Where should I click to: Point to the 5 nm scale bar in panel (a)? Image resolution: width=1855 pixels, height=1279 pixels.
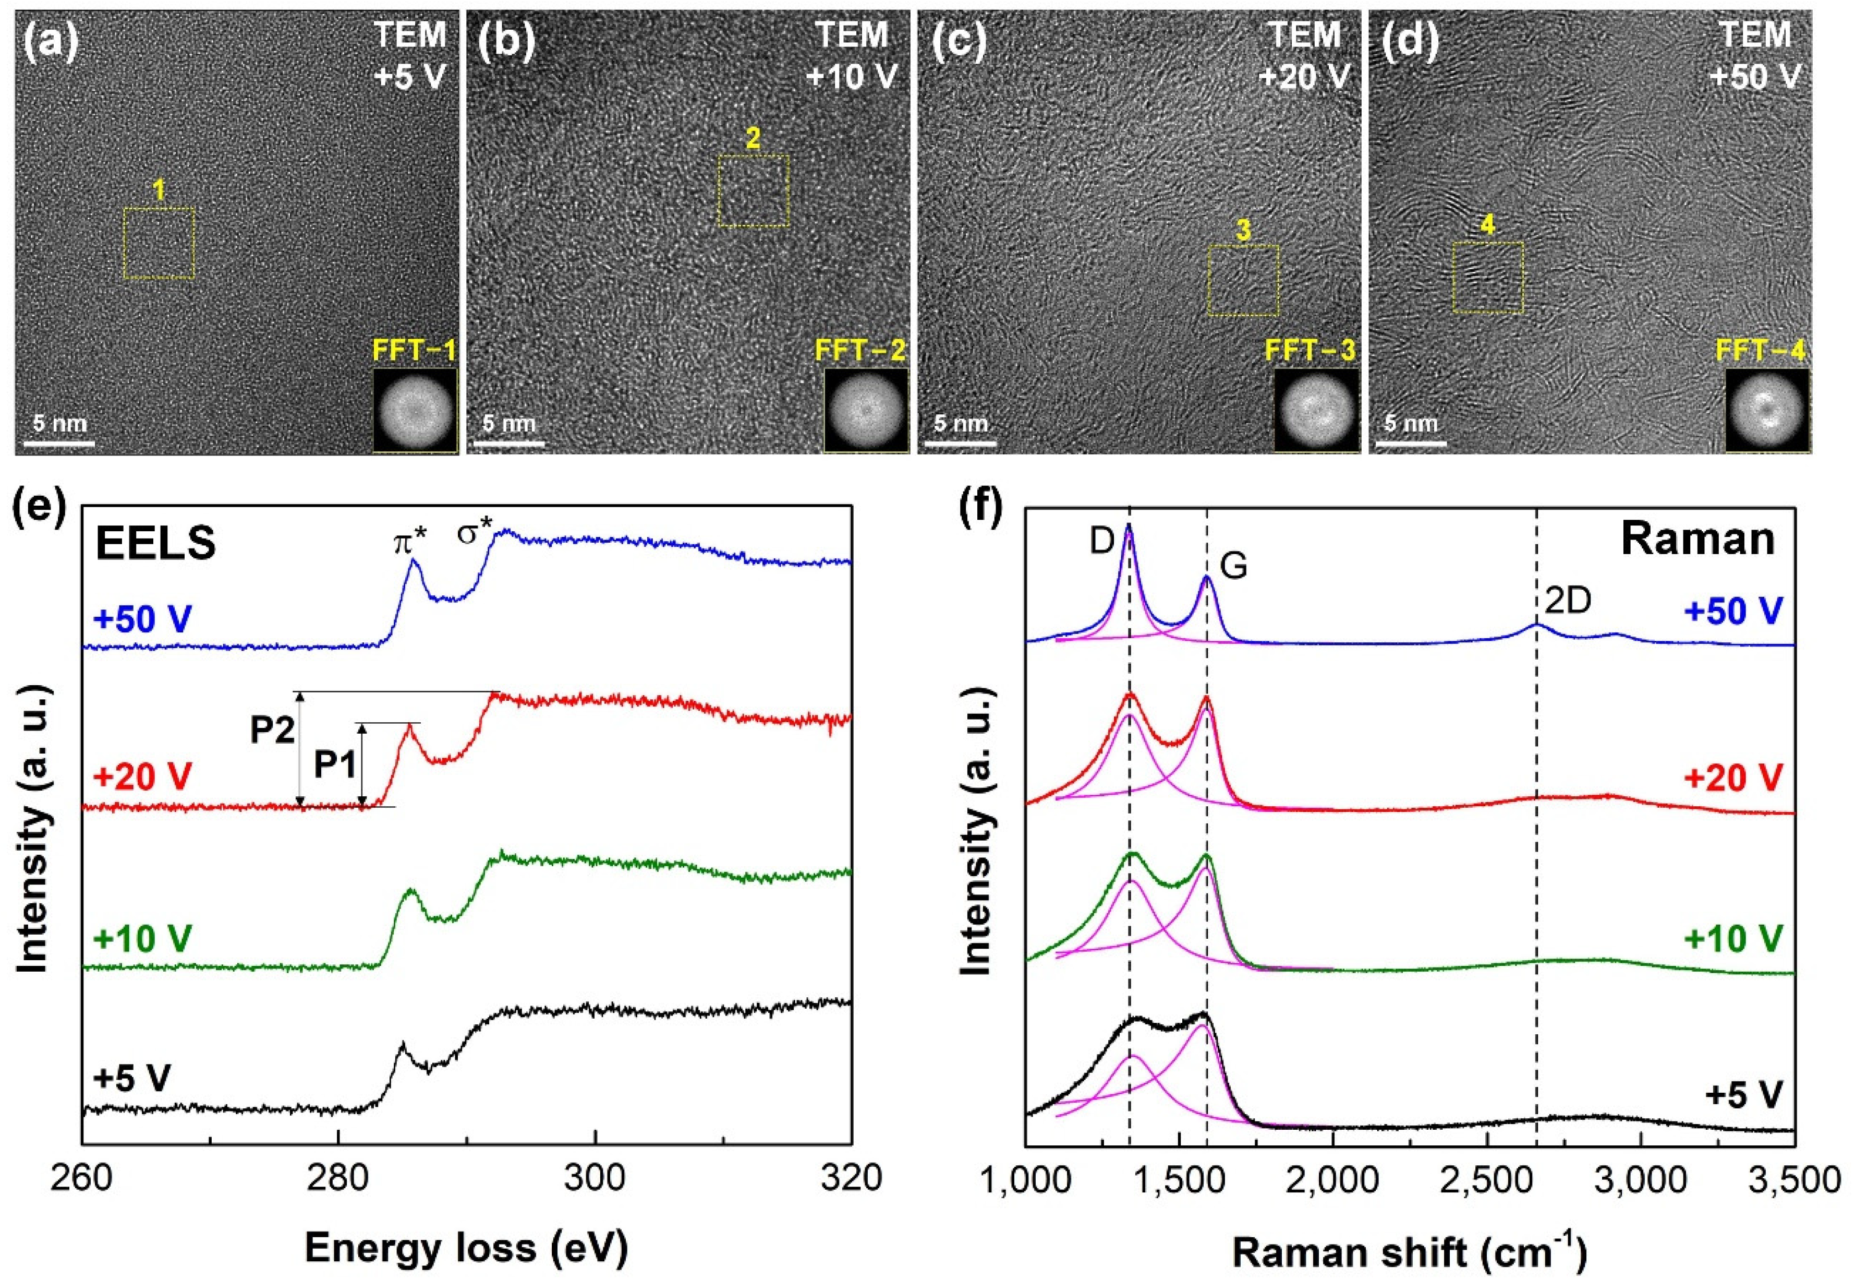pyautogui.click(x=59, y=441)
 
